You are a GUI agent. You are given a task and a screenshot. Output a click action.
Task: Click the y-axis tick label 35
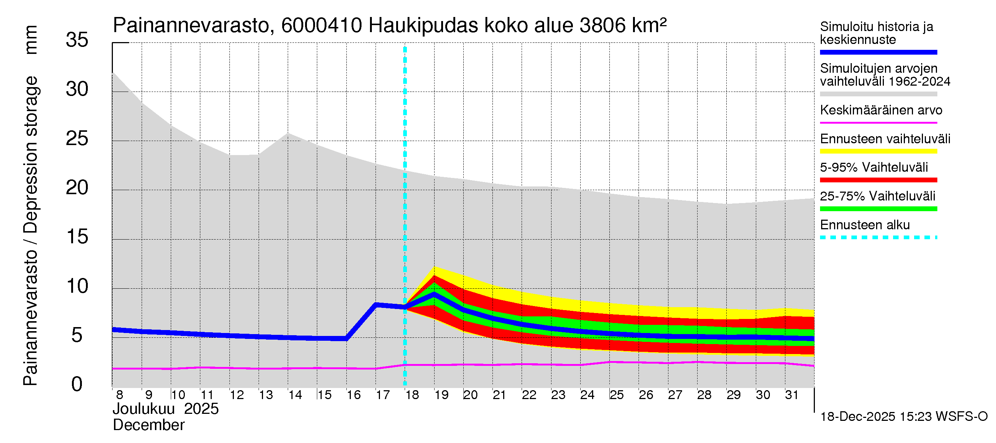point(77,40)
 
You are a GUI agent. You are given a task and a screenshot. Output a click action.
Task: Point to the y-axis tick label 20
point(77,188)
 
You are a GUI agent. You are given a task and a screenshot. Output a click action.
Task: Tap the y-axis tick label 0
point(77,385)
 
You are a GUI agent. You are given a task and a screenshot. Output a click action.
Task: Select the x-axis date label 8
point(120,395)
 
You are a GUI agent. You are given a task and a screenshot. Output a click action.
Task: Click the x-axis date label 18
point(412,395)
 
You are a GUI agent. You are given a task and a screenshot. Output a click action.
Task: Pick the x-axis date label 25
point(617,395)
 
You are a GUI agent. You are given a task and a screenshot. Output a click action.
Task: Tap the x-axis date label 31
point(792,395)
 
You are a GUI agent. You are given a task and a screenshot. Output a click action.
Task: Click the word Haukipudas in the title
point(423,26)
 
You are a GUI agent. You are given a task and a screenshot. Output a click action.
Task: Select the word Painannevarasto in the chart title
point(191,26)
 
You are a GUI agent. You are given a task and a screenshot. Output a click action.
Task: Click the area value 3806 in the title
point(603,26)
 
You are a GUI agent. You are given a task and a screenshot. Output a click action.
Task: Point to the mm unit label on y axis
point(31,40)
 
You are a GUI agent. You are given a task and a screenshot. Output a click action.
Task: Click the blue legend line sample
point(878,52)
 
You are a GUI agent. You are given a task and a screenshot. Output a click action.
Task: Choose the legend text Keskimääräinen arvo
point(881,110)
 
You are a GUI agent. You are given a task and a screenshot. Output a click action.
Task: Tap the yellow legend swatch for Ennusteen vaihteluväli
point(878,151)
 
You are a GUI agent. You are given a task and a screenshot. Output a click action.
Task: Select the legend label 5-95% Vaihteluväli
point(874,168)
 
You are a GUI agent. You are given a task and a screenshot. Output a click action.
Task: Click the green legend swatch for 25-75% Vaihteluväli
point(878,209)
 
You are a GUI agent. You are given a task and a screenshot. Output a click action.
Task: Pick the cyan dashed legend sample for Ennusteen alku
point(878,237)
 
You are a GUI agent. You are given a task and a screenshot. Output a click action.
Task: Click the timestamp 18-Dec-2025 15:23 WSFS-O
point(903,417)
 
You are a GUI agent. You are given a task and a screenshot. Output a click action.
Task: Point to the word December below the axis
point(148,425)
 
